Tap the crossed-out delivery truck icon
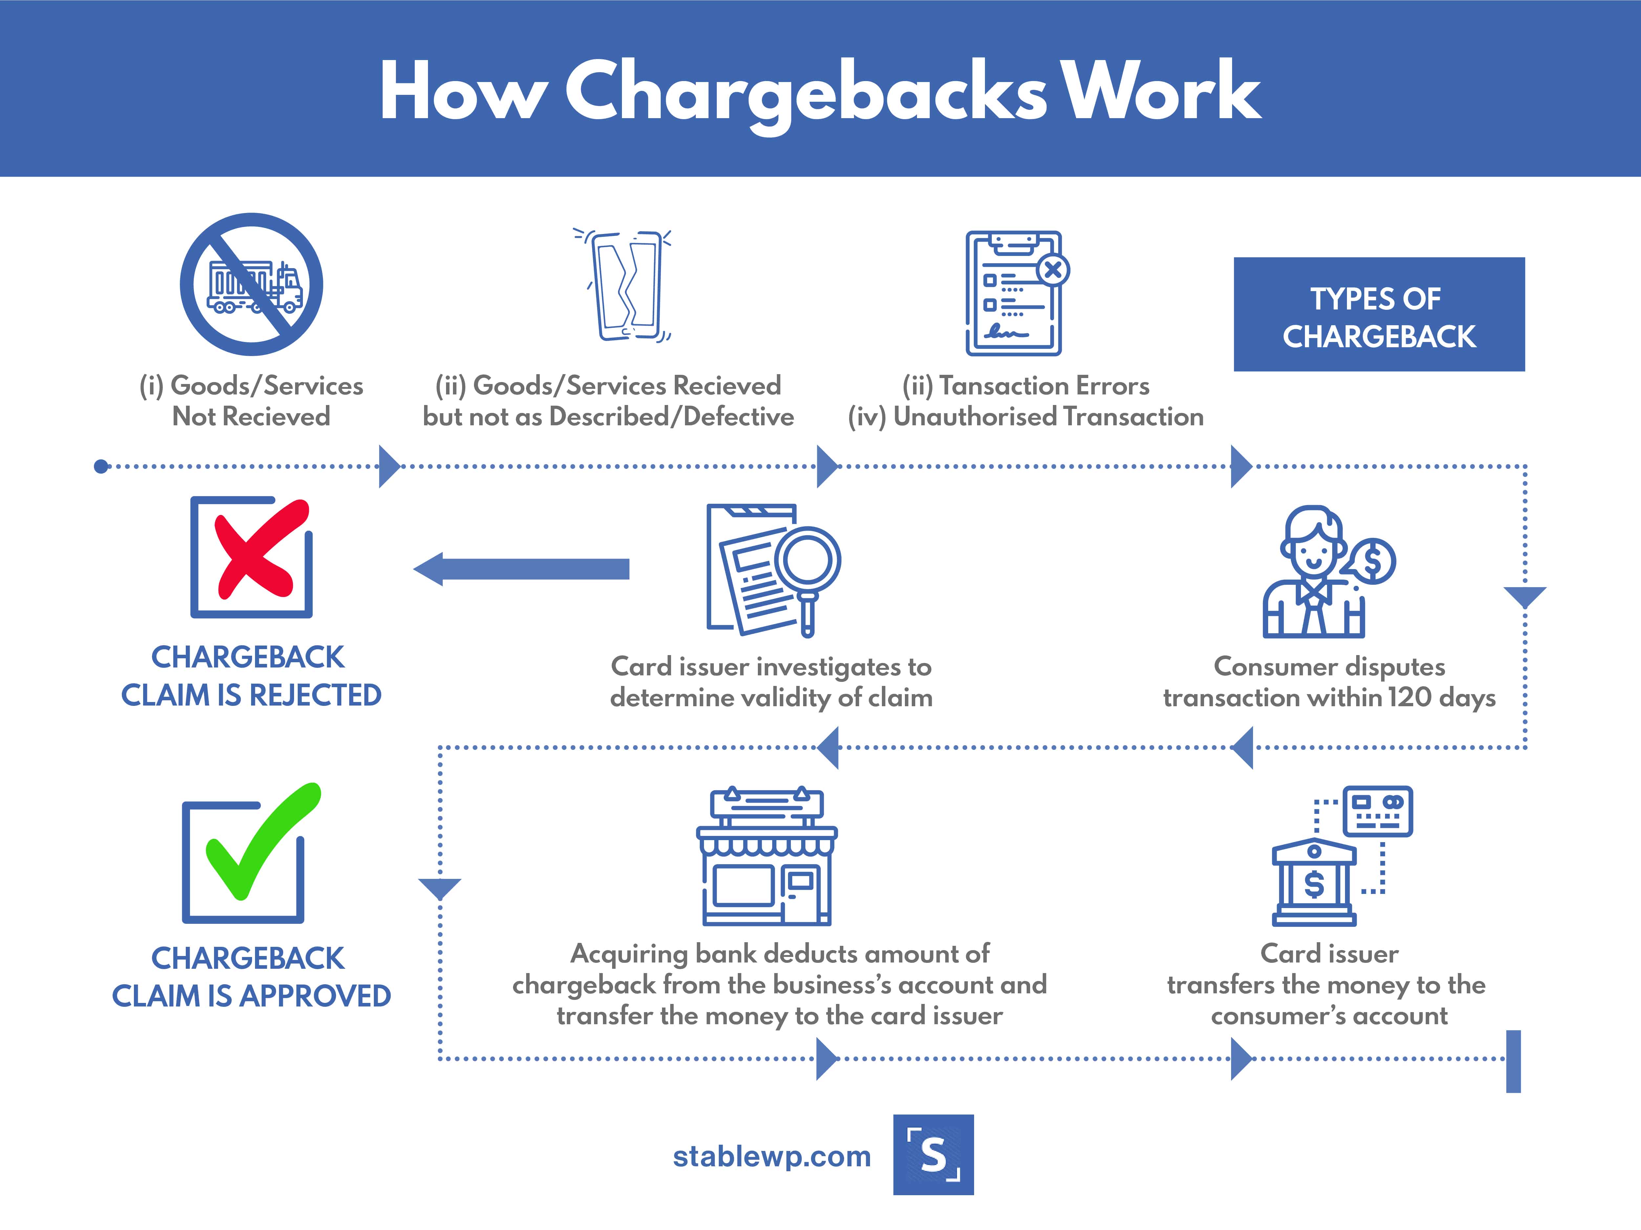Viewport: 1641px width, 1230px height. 251,284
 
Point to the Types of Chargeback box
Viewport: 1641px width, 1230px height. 1379,314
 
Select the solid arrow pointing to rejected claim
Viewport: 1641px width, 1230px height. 521,569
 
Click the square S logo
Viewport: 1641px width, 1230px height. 933,1154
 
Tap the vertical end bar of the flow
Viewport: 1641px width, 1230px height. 1513,1061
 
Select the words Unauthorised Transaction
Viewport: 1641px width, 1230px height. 1048,417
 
